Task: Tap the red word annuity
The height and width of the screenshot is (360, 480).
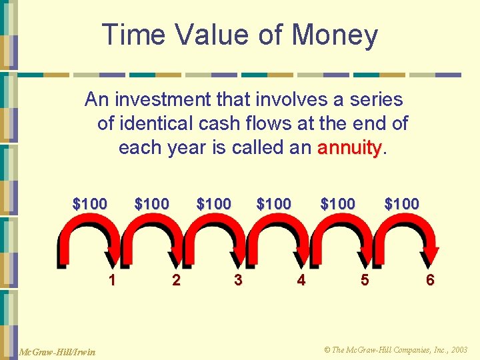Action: tap(349, 147)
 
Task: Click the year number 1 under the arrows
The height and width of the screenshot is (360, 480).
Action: tap(112, 280)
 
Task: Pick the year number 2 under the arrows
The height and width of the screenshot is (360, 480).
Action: tap(176, 280)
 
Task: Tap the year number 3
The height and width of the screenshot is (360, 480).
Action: tap(238, 280)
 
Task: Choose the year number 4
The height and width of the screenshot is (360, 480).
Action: tap(301, 280)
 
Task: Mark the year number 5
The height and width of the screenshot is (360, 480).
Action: tap(364, 280)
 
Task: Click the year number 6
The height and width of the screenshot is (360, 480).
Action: tap(430, 280)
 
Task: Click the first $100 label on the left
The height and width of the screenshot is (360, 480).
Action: tap(89, 204)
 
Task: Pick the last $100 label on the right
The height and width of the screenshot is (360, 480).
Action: tap(401, 204)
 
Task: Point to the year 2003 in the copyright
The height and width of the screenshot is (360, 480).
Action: tap(458, 350)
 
